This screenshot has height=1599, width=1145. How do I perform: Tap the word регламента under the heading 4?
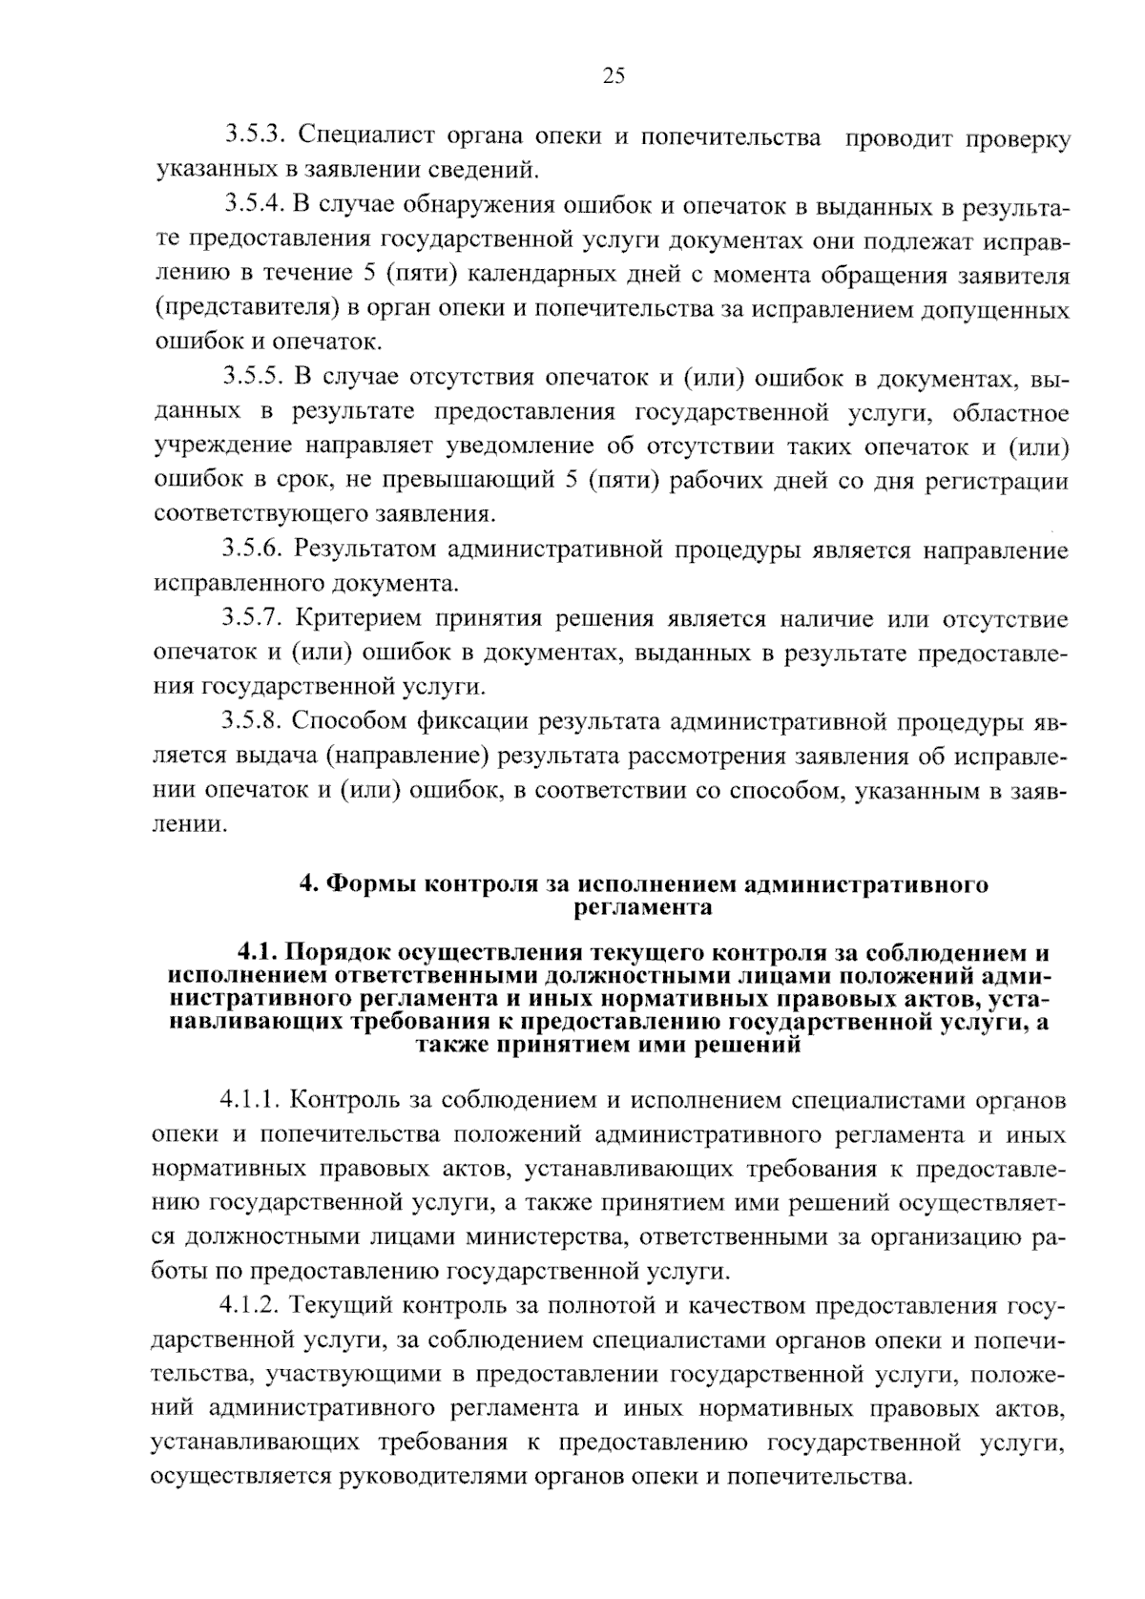click(x=643, y=906)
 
